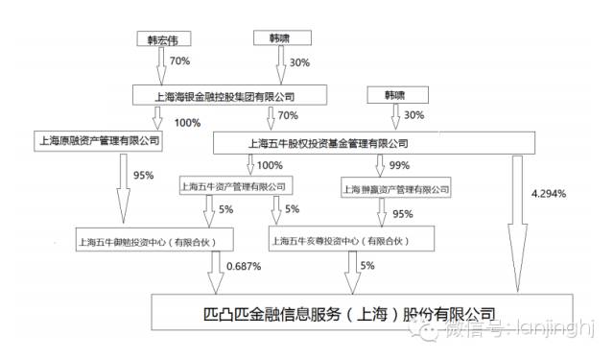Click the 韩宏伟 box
point(163,40)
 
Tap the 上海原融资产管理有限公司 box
point(96,141)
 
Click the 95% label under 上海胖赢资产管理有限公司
point(403,212)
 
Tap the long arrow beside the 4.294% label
point(518,221)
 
